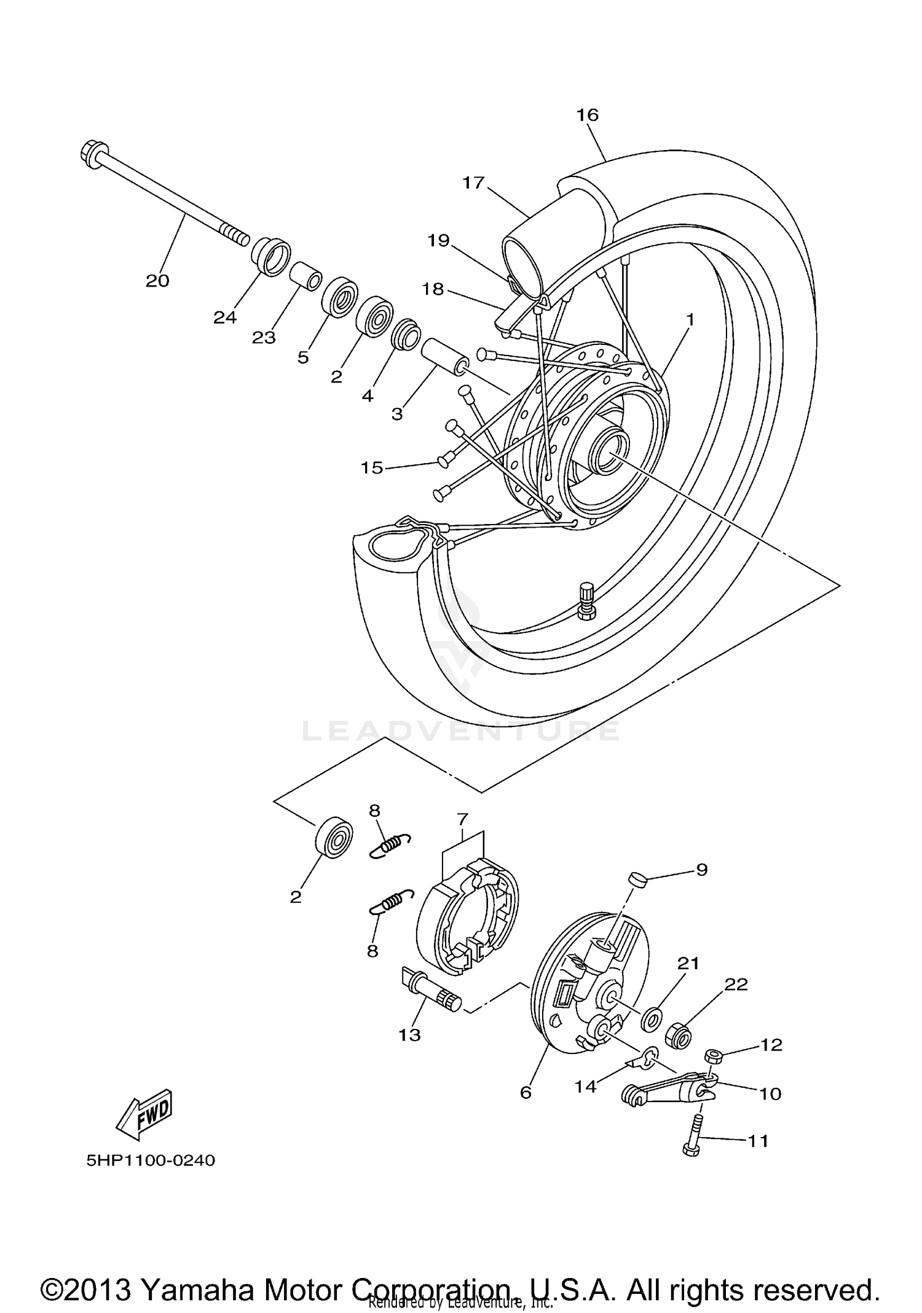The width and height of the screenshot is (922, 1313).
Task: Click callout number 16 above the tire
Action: click(x=588, y=115)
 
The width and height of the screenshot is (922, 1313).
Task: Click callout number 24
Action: click(x=225, y=317)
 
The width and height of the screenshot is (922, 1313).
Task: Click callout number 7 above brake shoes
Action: click(x=462, y=819)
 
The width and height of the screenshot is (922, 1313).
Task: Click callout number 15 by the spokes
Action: click(x=372, y=468)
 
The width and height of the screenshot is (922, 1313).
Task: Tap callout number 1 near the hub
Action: click(x=690, y=320)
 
